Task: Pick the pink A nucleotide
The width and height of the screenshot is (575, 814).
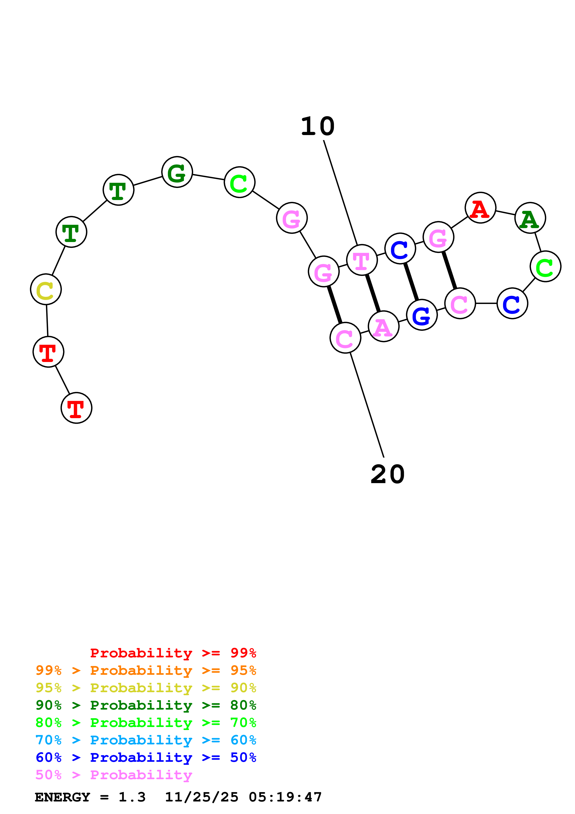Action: (x=383, y=326)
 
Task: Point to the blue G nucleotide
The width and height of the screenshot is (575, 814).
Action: (x=422, y=315)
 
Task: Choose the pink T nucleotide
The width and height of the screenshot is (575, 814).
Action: (x=362, y=260)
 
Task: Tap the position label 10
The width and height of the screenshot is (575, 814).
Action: (x=318, y=126)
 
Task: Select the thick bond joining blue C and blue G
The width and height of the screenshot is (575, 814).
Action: (x=411, y=282)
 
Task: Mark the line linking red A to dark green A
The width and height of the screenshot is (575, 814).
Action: (x=505, y=213)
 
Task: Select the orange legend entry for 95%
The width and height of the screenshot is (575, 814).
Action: (x=146, y=670)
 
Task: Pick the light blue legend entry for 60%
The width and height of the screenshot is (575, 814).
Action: (x=146, y=740)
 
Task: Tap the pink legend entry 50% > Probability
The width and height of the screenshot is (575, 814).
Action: (x=114, y=775)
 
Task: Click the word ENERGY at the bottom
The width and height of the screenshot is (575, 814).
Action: (x=62, y=797)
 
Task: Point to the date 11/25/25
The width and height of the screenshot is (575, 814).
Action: (x=202, y=797)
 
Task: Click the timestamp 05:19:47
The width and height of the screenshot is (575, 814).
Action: (x=285, y=797)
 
